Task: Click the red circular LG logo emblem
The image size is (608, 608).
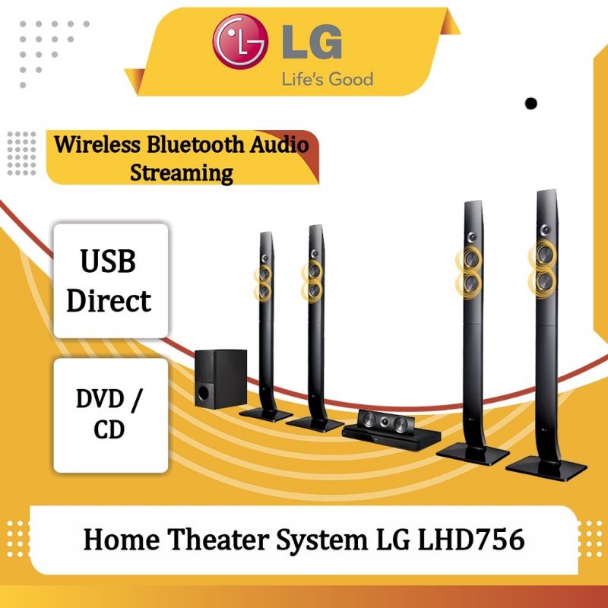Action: [240, 41]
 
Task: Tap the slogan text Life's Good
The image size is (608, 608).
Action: [328, 79]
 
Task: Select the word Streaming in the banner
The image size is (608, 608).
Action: [182, 173]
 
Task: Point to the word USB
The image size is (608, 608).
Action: [108, 261]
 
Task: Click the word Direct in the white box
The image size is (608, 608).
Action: [109, 300]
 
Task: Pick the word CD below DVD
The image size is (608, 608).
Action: [109, 429]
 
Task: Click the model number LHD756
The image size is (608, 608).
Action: [470, 540]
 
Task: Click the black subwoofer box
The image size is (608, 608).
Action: [220, 378]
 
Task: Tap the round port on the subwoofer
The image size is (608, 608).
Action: [203, 393]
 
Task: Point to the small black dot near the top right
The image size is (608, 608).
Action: [530, 103]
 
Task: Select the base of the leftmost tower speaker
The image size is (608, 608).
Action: [265, 414]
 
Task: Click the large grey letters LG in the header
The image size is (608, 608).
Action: [312, 43]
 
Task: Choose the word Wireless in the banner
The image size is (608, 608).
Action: [97, 145]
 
